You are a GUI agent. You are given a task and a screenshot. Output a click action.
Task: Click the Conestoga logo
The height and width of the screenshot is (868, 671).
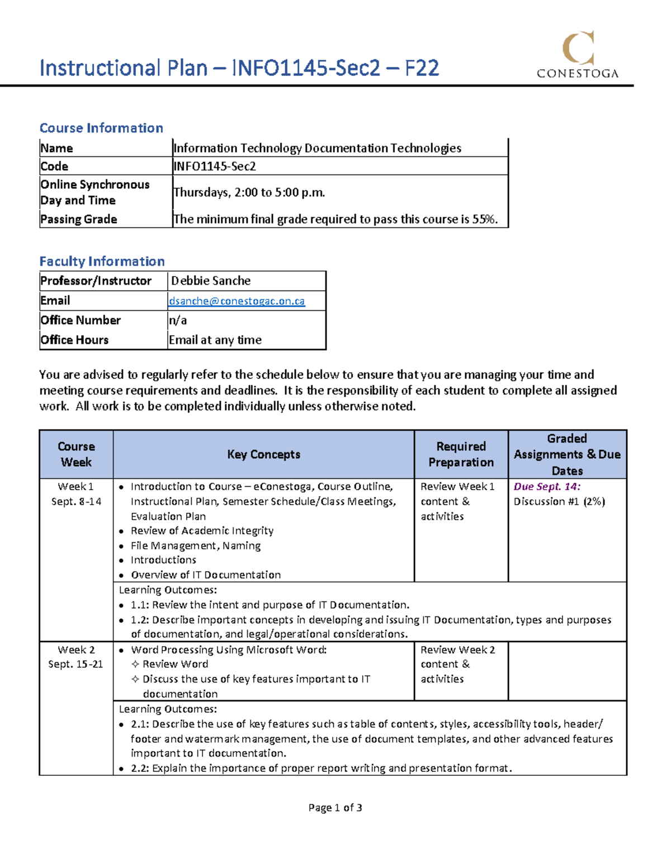(578, 55)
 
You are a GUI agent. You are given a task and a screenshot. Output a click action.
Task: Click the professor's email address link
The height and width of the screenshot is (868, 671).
(237, 301)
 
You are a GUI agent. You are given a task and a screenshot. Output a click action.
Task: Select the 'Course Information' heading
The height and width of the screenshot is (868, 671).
(101, 128)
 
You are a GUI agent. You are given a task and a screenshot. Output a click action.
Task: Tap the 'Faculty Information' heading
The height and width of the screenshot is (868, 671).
(102, 262)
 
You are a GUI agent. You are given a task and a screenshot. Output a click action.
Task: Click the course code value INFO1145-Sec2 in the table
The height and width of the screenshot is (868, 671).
(215, 167)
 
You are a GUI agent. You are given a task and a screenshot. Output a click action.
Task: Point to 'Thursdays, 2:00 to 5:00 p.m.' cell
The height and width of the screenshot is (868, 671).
(249, 192)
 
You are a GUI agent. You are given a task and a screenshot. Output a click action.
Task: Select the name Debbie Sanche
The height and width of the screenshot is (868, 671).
(211, 281)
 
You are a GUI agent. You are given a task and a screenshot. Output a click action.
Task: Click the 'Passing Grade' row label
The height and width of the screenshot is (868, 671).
(79, 220)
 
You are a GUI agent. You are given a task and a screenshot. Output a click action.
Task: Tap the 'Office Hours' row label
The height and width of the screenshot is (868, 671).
(74, 340)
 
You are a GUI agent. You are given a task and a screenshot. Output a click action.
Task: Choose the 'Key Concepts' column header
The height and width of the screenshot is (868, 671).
(263, 454)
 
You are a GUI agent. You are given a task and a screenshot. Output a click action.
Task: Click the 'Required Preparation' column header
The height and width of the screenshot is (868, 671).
(461, 454)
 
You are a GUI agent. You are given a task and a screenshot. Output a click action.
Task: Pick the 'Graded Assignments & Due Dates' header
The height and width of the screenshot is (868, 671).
(567, 454)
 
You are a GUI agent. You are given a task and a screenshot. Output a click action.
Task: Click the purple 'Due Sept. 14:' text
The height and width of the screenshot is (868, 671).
(547, 487)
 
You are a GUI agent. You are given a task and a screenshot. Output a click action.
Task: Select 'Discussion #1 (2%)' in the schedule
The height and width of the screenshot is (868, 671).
(559, 501)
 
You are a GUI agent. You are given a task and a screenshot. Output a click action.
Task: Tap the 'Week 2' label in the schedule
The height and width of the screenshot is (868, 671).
(76, 650)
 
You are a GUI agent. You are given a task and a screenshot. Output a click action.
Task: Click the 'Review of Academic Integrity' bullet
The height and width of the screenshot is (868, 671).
(202, 531)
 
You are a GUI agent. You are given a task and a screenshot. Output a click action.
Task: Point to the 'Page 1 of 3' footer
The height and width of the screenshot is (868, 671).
(335, 808)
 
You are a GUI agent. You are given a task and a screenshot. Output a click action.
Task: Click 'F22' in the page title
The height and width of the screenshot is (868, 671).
(422, 68)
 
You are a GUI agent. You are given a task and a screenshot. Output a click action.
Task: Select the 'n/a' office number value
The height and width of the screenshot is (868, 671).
(178, 320)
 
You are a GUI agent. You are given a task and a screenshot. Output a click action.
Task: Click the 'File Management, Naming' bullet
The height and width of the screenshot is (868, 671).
(196, 546)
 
